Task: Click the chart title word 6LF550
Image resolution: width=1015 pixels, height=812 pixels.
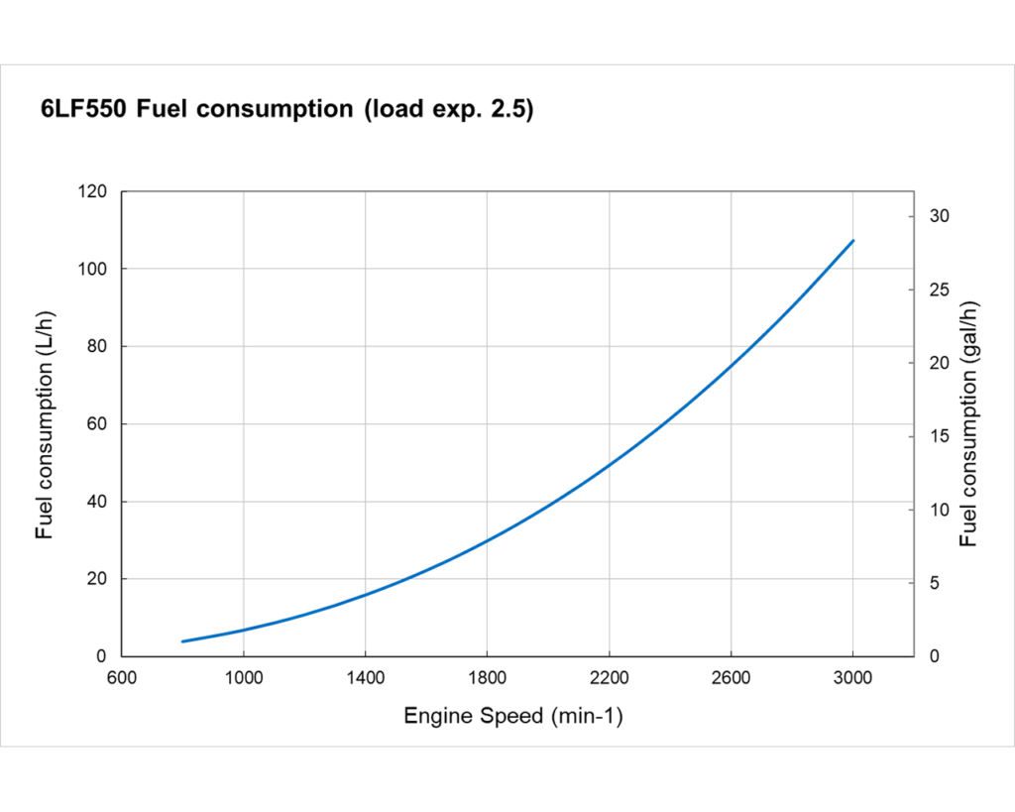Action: point(82,110)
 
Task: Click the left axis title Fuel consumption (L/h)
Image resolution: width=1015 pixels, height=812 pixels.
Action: point(45,424)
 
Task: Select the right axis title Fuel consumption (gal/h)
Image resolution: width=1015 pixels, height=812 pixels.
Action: point(968,424)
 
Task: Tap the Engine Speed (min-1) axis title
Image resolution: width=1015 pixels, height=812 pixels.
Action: point(512,716)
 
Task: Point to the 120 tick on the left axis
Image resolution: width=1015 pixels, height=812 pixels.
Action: point(93,191)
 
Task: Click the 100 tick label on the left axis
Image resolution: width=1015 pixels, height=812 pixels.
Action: point(93,269)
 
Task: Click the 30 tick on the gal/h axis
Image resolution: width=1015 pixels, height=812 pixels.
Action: point(939,216)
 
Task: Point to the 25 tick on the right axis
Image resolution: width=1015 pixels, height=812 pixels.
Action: point(939,290)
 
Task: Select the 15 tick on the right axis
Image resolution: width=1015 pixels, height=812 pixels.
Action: point(939,436)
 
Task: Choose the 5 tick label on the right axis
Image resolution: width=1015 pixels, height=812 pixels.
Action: point(935,583)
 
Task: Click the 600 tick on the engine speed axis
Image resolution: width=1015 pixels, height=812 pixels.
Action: point(121,678)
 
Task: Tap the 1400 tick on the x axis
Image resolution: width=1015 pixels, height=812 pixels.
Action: point(365,678)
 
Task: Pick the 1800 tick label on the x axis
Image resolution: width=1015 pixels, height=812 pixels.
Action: point(487,678)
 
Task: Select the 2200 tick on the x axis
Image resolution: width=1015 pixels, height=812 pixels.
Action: point(609,678)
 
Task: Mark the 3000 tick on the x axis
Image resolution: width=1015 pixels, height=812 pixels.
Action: point(852,678)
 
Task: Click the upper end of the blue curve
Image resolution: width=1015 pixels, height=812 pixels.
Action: point(852,241)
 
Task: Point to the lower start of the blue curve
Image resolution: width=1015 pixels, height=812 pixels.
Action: point(182,641)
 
